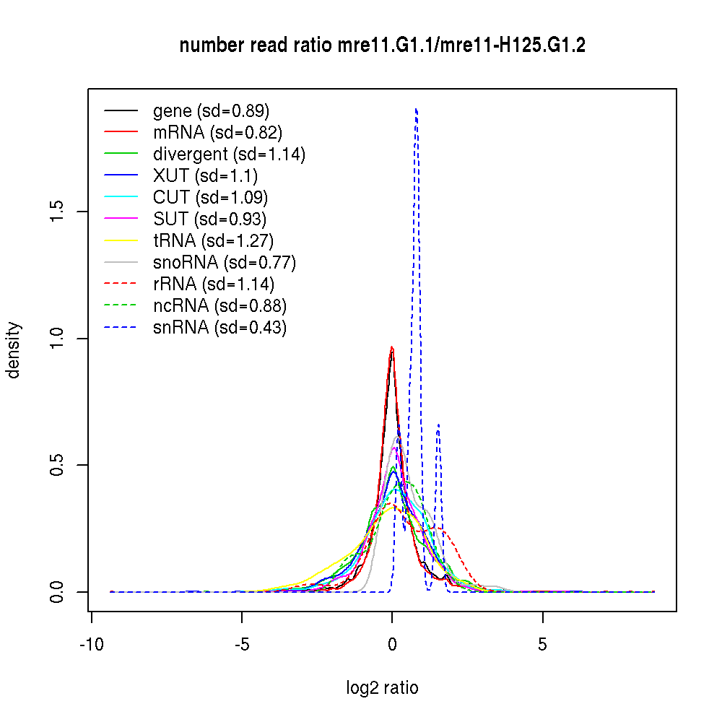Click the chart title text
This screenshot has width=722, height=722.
click(x=382, y=45)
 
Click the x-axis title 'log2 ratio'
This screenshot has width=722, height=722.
click(x=382, y=687)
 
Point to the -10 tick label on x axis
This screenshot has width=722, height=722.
click(x=91, y=643)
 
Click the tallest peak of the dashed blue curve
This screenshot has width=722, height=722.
click(x=417, y=109)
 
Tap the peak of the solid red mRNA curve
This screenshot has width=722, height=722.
click(x=392, y=347)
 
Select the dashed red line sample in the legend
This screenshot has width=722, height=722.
click(x=121, y=284)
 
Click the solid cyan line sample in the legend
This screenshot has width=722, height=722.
click(x=121, y=198)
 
